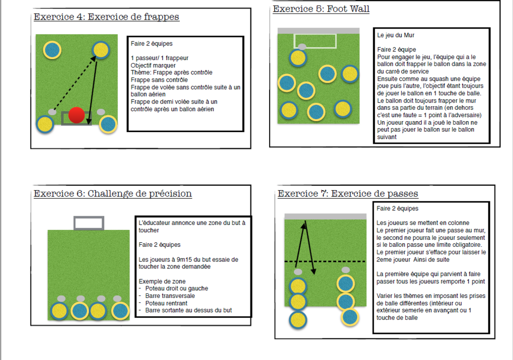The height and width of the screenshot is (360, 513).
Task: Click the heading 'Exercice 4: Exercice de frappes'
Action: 106,17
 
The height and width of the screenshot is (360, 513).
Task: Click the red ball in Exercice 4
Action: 77,115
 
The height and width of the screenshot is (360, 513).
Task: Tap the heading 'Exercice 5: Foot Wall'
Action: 321,9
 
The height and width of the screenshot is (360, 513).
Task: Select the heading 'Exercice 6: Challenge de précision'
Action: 113,194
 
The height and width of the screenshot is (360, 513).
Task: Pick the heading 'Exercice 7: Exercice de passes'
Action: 348,194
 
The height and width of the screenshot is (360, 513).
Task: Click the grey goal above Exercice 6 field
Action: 89,223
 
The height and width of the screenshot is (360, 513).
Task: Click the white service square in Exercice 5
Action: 315,41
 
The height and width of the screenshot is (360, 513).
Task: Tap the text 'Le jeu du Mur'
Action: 396,36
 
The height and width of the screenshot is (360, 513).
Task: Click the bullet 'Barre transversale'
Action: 170,296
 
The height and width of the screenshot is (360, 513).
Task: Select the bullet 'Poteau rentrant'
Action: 166,303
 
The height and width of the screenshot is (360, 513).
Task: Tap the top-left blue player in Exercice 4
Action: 52,50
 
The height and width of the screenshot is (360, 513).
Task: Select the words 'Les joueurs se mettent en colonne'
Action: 423,223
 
